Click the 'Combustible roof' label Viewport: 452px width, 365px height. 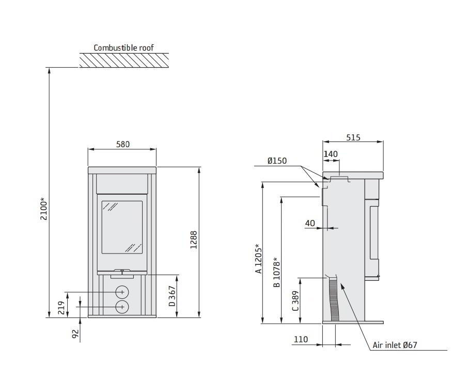point(123,47)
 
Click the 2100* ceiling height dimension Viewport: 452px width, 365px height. point(44,209)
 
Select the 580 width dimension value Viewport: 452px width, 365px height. point(123,144)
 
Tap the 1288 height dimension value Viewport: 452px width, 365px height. point(194,240)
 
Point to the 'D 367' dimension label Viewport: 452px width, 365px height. point(172,296)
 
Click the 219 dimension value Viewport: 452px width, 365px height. point(61,308)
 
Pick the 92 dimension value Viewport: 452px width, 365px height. point(75,334)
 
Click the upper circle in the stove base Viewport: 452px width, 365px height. point(122,292)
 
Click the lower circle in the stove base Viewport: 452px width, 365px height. point(122,307)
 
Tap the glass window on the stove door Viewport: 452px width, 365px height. point(122,227)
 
